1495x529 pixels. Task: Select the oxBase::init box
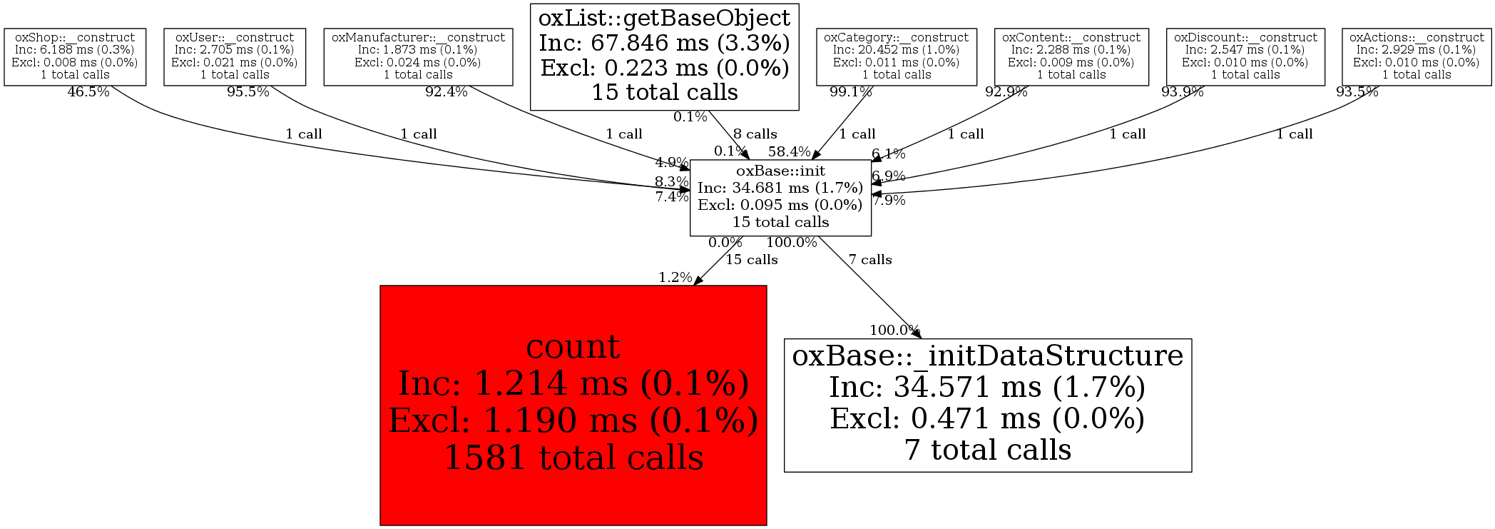point(780,197)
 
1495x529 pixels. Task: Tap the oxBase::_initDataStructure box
point(987,405)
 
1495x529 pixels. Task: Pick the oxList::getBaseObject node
point(664,56)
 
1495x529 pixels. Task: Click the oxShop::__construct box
point(75,56)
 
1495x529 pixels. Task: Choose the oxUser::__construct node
point(235,56)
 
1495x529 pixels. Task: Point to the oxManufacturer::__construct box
point(418,56)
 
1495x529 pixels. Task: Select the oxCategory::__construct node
point(896,56)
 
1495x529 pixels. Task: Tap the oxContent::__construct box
point(1071,56)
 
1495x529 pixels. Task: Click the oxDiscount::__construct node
point(1245,56)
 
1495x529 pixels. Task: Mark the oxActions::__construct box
point(1417,56)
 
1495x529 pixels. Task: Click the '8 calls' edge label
point(755,134)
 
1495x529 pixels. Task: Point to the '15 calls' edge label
point(752,260)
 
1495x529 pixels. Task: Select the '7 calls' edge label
point(870,260)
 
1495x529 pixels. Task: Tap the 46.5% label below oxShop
point(88,92)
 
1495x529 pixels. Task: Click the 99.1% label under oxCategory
point(850,92)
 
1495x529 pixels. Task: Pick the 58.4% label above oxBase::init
point(789,151)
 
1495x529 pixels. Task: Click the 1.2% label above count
point(675,278)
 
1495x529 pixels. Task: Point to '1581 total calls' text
point(573,458)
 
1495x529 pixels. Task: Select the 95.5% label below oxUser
point(248,92)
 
